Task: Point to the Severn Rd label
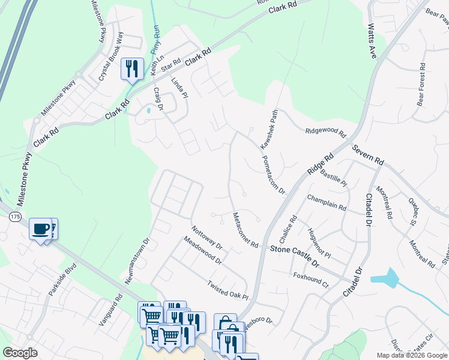pos(367,155)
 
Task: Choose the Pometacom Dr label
pos(273,174)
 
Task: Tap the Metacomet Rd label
pos(245,230)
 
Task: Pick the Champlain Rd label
pos(327,203)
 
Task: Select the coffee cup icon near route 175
pos(41,229)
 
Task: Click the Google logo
pos(20,353)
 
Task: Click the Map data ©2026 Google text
pos(412,355)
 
